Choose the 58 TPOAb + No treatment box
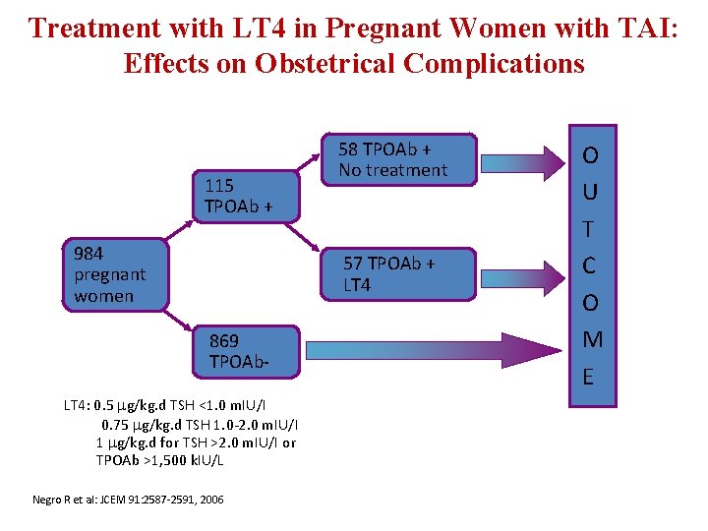click(399, 159)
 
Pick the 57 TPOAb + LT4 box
click(399, 273)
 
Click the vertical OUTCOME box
click(592, 265)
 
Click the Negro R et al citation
click(128, 500)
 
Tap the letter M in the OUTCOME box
click(592, 339)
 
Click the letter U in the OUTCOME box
click(592, 191)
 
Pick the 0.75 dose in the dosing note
click(116, 424)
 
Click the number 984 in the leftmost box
click(88, 254)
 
